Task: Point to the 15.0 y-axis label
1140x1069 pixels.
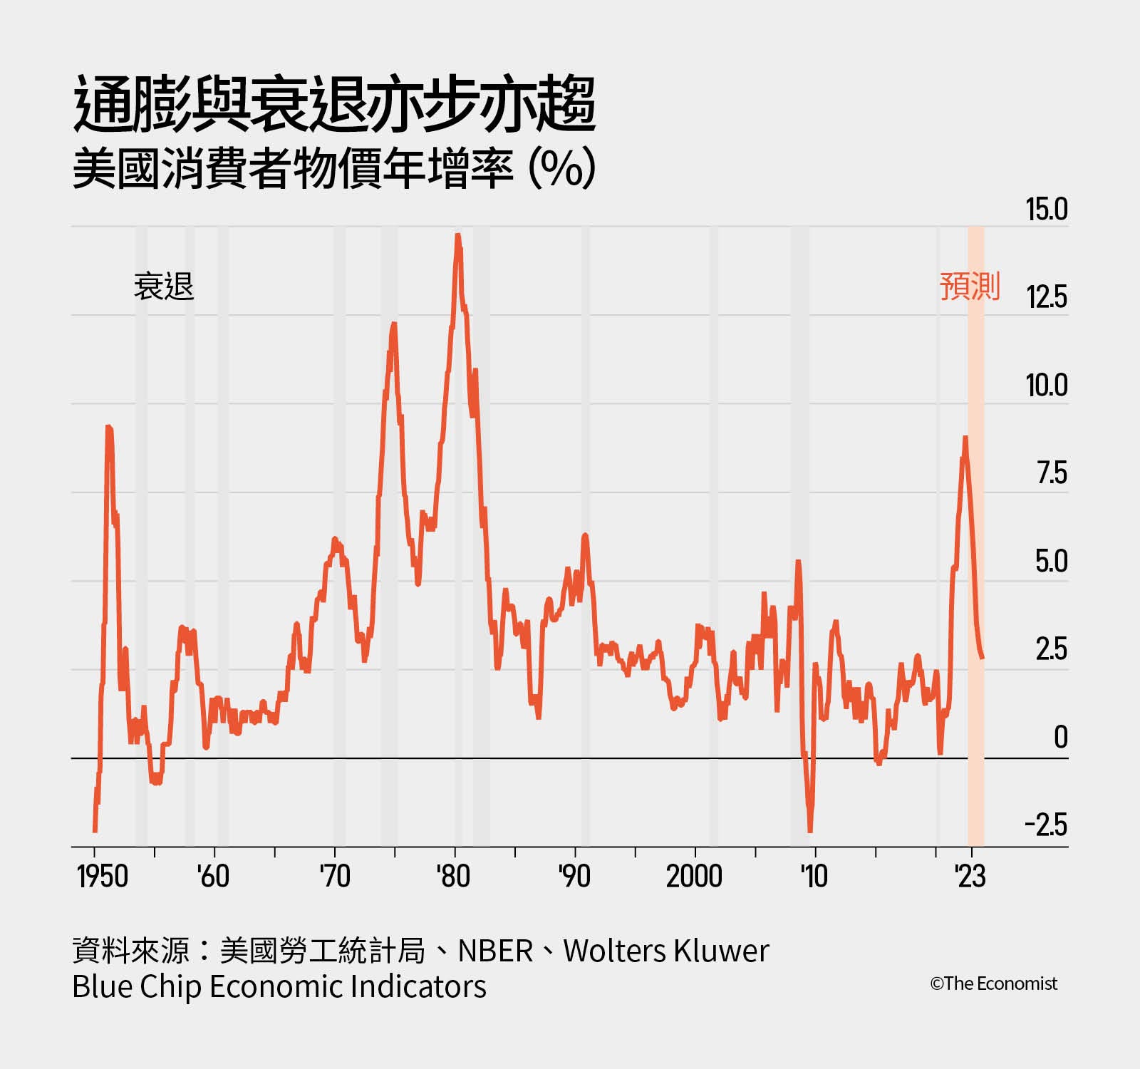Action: pyautogui.click(x=1046, y=210)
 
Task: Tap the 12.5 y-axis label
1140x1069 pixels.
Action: pyautogui.click(x=1046, y=297)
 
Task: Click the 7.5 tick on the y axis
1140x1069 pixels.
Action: pyautogui.click(x=1052, y=473)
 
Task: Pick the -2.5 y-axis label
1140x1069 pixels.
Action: pyautogui.click(x=1046, y=825)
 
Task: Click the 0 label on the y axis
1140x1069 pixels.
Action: pyautogui.click(x=1060, y=738)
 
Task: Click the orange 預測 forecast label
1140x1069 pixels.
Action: pyautogui.click(x=970, y=286)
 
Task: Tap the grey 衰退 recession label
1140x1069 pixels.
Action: pyautogui.click(x=164, y=287)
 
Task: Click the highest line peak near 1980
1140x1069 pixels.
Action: pyautogui.click(x=457, y=235)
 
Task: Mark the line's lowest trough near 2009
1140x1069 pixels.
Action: pyautogui.click(x=810, y=830)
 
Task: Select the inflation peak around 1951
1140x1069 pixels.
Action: pyautogui.click(x=108, y=428)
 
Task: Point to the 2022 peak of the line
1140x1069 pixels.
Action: pyautogui.click(x=965, y=438)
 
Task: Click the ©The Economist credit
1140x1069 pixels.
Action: pyautogui.click(x=993, y=983)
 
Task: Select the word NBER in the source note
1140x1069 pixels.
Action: pyautogui.click(x=495, y=951)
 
